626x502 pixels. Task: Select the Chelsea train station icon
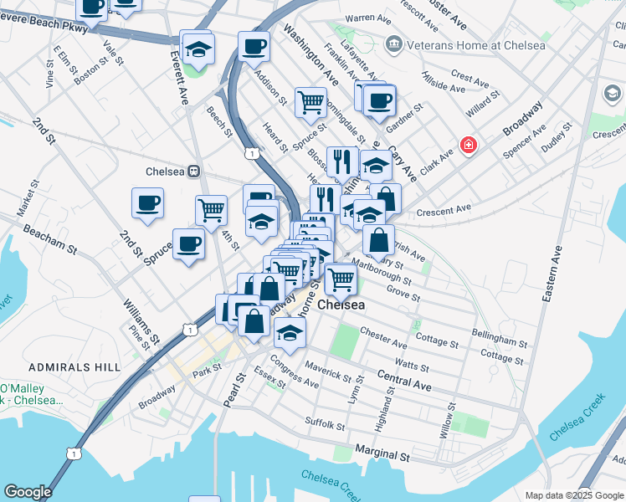(x=193, y=171)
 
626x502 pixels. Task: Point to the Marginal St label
(x=381, y=458)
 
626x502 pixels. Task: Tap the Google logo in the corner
(x=28, y=491)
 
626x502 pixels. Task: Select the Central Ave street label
(x=403, y=381)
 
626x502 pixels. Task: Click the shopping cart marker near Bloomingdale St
(x=310, y=102)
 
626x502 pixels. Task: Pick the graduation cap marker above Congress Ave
(x=290, y=332)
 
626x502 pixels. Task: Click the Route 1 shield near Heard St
(x=251, y=152)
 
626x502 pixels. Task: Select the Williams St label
(x=140, y=322)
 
